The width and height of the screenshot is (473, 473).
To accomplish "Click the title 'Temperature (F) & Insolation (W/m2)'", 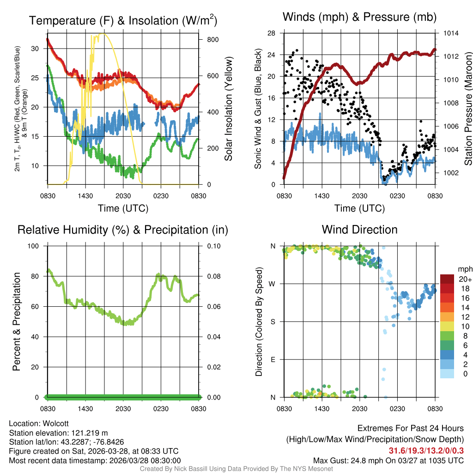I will click(x=123, y=21).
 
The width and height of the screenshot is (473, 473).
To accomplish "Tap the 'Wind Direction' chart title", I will click(x=359, y=230).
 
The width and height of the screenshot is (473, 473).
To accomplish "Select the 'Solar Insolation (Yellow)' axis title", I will click(x=229, y=109).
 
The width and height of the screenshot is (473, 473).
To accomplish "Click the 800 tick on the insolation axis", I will click(x=212, y=40).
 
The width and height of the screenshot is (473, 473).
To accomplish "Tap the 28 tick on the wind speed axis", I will click(x=272, y=33).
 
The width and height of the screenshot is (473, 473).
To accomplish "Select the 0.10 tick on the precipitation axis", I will click(x=213, y=246).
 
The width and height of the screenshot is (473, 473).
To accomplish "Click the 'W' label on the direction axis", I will click(x=273, y=284).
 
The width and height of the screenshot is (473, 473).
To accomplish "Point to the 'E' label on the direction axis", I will click(x=273, y=359).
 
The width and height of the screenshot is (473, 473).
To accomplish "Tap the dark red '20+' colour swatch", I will click(x=447, y=279).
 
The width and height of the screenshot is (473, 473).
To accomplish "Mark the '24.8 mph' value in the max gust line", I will click(x=360, y=461).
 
